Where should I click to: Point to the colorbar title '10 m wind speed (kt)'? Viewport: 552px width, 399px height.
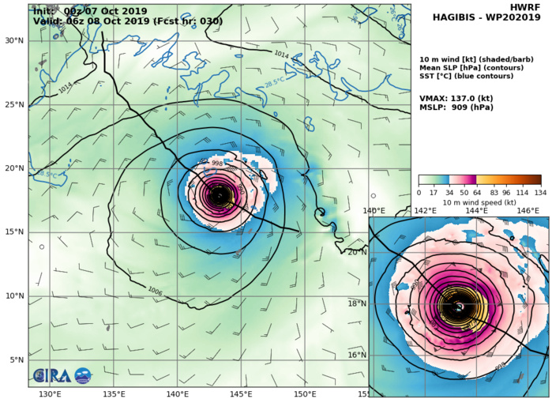coord(479,202)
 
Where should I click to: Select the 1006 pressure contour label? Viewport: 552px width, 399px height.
coord(155,292)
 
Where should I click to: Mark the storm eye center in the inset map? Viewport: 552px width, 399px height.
coord(459,307)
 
